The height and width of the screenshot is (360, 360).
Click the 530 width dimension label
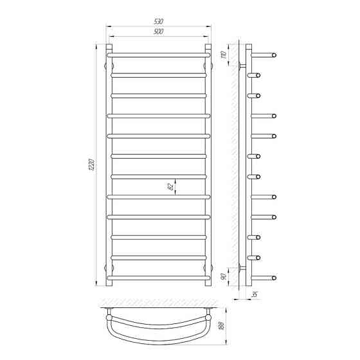158,22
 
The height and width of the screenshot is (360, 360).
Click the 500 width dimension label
158,32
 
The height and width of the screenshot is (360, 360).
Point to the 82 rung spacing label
171,187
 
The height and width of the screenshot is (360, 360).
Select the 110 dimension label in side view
224,55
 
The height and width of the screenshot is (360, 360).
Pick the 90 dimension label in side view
224,276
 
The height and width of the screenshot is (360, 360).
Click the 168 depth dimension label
222,325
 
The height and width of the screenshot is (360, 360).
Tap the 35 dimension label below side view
255,294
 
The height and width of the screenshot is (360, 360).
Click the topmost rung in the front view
158,55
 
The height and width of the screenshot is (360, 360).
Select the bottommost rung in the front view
158,278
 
